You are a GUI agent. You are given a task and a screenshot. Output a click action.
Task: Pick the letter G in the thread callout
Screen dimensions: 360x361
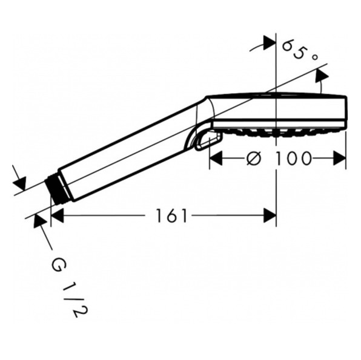(56, 266)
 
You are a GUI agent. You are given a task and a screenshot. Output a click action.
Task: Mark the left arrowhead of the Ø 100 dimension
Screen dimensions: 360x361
(216, 159)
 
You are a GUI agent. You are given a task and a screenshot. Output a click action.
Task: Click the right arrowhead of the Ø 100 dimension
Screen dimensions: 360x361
(339, 159)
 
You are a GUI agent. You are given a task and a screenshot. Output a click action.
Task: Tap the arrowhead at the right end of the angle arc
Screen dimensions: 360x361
(322, 76)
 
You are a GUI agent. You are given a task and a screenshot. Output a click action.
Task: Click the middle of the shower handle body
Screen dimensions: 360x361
(130, 151)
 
